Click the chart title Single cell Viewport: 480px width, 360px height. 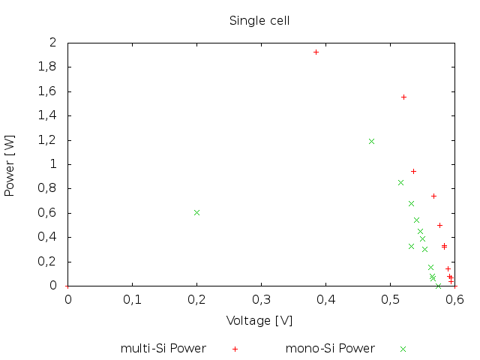pyautogui.click(x=259, y=20)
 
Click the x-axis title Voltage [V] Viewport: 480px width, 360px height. pyautogui.click(x=259, y=320)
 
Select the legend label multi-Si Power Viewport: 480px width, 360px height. pyautogui.click(x=163, y=349)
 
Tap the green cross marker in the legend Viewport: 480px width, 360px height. pyautogui.click(x=403, y=349)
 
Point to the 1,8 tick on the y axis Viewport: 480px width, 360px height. pyautogui.click(x=47, y=67)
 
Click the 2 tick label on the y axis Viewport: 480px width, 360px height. pyautogui.click(x=52, y=43)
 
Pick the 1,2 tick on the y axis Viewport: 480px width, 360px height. pyautogui.click(x=47, y=140)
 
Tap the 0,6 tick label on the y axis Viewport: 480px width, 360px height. pyautogui.click(x=47, y=213)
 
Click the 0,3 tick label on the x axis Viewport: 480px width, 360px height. pyautogui.click(x=261, y=300)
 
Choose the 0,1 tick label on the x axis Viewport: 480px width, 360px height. pyautogui.click(x=132, y=300)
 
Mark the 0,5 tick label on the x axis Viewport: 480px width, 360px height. pyautogui.click(x=390, y=300)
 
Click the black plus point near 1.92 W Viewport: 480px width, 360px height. pyautogui.click(x=316, y=52)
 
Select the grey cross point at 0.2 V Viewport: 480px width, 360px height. pyautogui.click(x=196, y=212)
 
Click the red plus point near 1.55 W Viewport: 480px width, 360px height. pyautogui.click(x=403, y=97)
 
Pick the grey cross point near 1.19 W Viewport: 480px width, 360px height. pyautogui.click(x=371, y=141)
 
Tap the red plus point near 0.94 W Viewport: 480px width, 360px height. pyautogui.click(x=413, y=171)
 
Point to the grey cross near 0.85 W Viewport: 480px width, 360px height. pyautogui.click(x=400, y=182)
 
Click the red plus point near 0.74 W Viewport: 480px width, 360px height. pyautogui.click(x=433, y=196)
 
